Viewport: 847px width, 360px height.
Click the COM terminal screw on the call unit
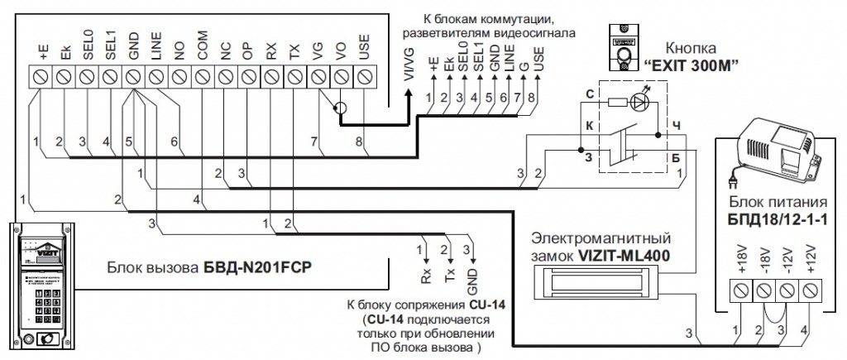tap(203, 76)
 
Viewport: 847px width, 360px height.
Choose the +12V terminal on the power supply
tap(810, 290)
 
